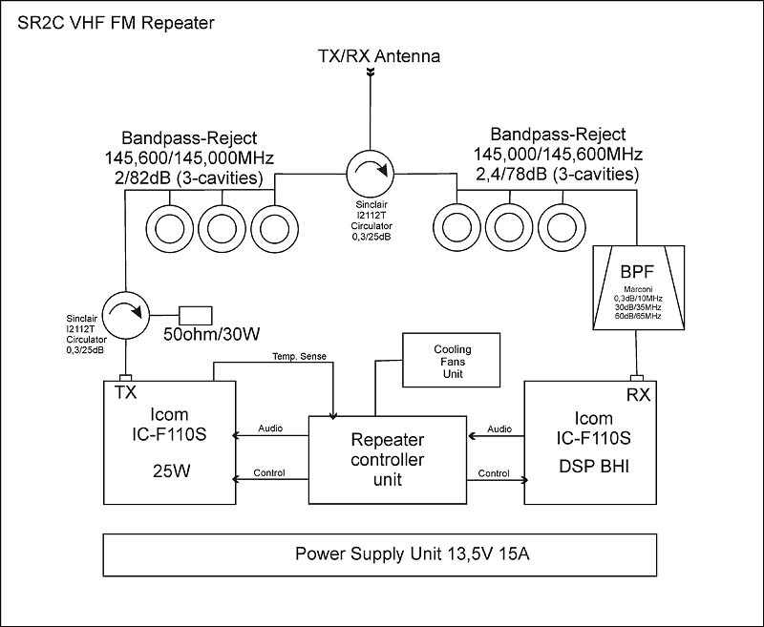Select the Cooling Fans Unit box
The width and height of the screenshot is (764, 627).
[452, 362]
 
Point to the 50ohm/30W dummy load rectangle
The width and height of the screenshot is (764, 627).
[196, 315]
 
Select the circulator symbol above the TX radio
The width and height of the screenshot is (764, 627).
[125, 315]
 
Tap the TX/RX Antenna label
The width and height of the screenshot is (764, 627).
[378, 57]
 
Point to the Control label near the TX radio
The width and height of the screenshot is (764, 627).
[269, 473]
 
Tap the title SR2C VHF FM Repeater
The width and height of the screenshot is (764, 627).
[111, 20]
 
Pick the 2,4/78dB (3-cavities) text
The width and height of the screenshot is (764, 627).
[558, 175]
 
